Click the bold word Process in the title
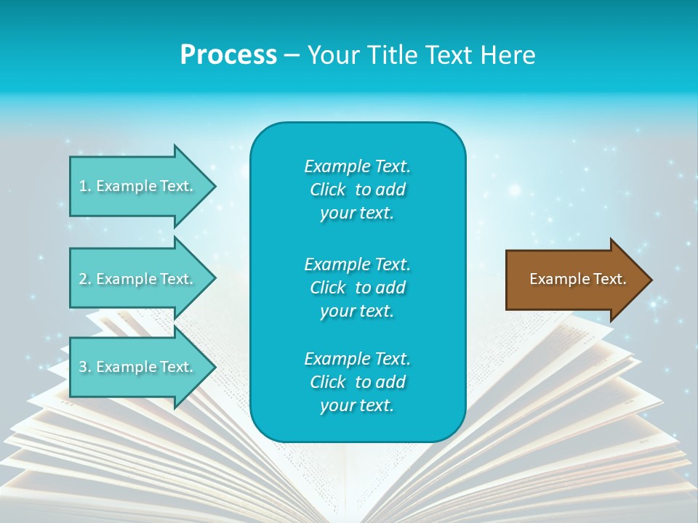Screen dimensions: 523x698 click(x=228, y=54)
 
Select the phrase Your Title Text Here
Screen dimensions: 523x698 click(x=421, y=54)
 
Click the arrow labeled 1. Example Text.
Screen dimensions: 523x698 click(x=138, y=186)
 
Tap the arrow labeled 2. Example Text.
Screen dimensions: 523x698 click(x=138, y=279)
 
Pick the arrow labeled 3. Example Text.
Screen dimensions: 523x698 click(x=138, y=367)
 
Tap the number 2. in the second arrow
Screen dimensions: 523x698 click(x=85, y=279)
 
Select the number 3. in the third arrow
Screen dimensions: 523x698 click(x=85, y=367)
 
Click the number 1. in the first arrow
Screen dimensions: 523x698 click(x=84, y=186)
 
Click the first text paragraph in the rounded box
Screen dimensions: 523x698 click(x=357, y=190)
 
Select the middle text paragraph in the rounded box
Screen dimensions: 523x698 click(x=357, y=288)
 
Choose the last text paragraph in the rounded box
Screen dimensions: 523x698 click(x=357, y=382)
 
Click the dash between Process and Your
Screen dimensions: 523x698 click(x=292, y=55)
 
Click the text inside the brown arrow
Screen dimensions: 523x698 click(x=578, y=279)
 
